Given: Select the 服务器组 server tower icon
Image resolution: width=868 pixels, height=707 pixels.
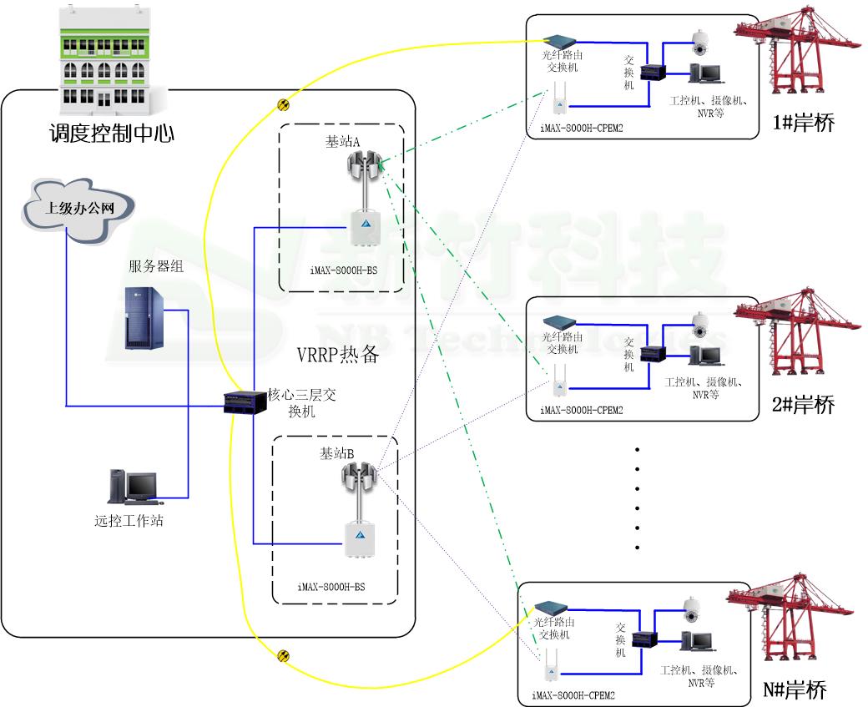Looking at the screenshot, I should [142, 317].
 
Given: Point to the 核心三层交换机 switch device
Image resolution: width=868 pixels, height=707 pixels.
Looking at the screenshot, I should [244, 405].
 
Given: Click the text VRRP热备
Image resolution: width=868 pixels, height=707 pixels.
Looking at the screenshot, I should [338, 354].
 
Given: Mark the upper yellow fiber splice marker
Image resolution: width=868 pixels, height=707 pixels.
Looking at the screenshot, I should [284, 104].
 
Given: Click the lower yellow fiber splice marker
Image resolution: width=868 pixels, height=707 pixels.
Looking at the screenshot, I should [284, 656].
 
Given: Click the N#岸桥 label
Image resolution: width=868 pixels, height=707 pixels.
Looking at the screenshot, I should [795, 691].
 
